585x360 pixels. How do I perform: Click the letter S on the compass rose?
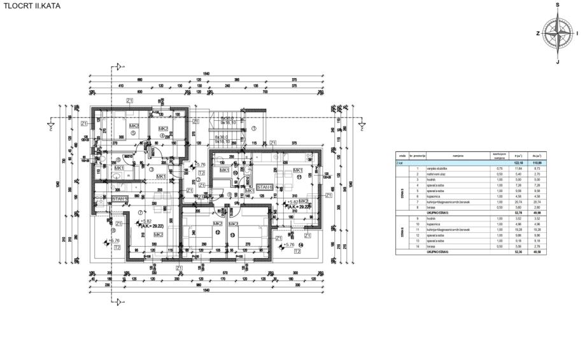(x=558, y=5)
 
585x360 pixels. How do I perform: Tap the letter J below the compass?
(x=558, y=62)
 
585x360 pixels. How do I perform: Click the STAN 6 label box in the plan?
(x=264, y=188)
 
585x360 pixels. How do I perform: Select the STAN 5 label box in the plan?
(x=120, y=199)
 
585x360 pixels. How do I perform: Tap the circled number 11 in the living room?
(x=298, y=176)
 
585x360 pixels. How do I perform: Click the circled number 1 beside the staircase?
(x=253, y=128)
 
